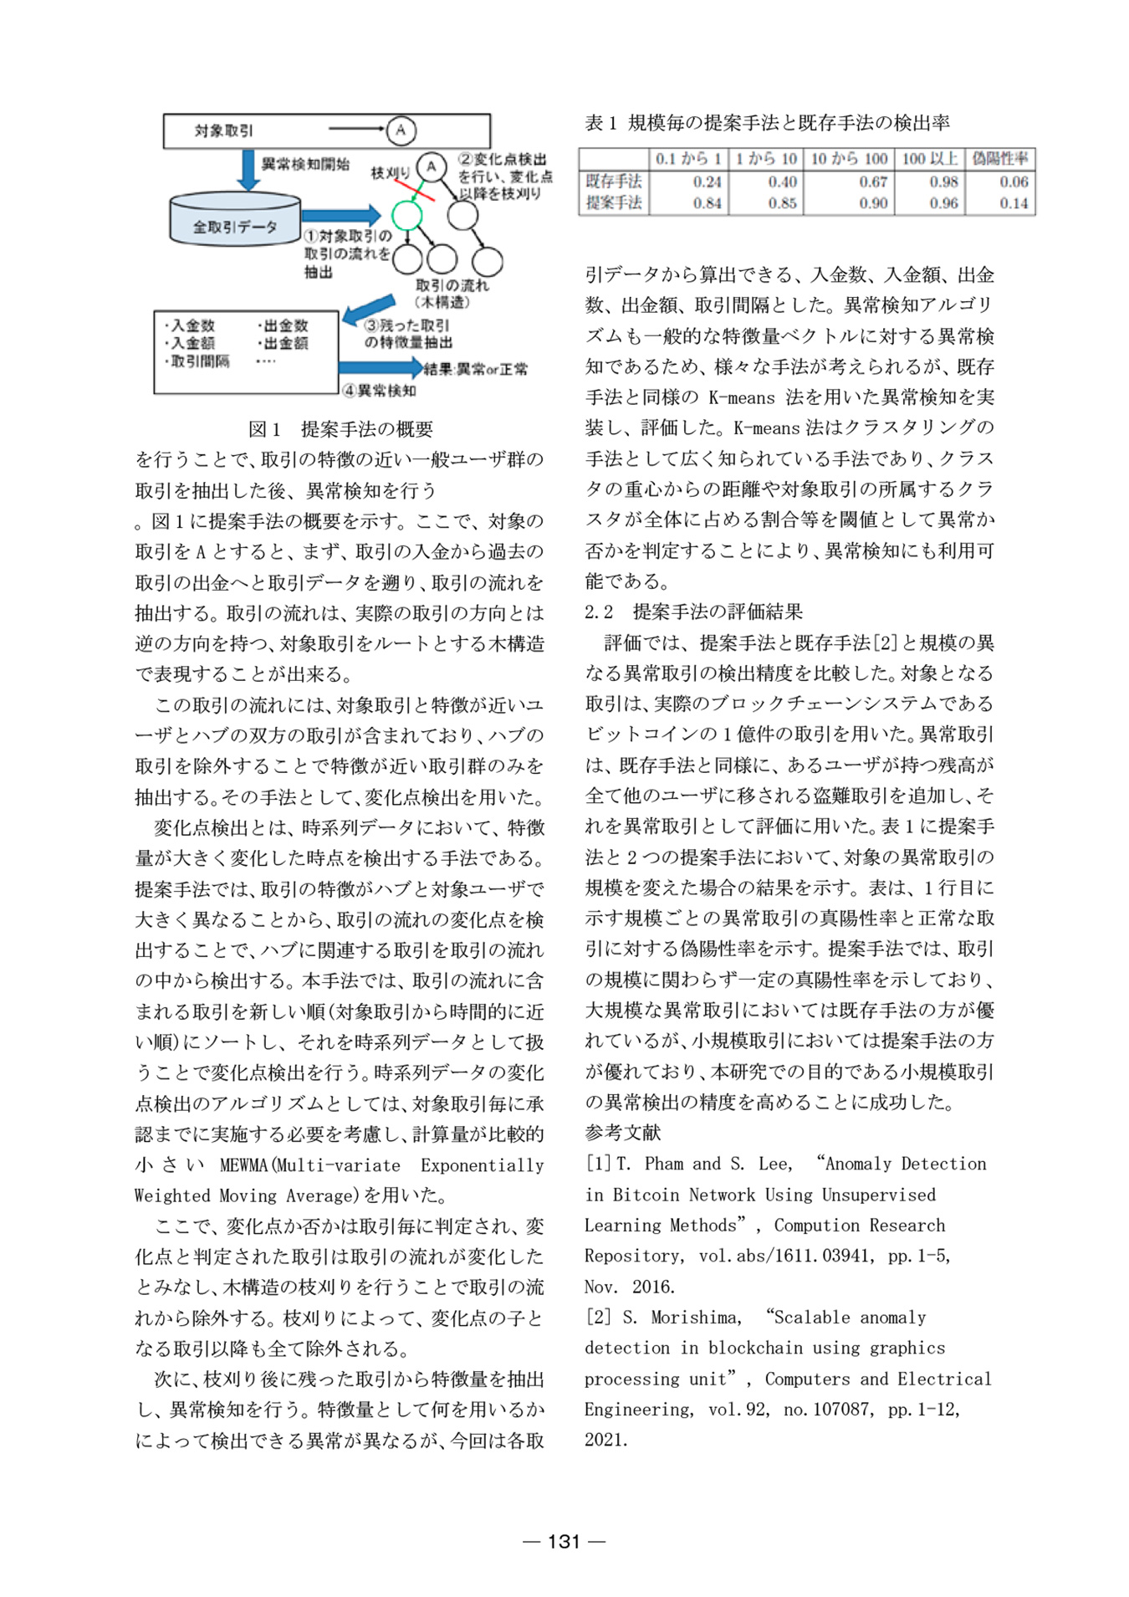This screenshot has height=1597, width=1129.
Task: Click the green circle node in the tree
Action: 406,215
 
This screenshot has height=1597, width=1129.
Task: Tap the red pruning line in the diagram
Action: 414,188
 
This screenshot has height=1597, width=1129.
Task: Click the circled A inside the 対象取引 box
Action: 401,130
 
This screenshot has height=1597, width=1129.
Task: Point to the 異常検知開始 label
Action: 305,164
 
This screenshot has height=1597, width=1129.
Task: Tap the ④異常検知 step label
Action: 379,390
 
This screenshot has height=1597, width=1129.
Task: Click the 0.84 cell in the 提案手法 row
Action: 707,202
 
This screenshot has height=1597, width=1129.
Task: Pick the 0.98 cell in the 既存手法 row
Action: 943,182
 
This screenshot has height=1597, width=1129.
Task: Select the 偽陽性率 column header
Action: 999,158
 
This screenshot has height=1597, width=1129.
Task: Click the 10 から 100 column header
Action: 849,158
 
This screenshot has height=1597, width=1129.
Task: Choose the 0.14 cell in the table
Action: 1014,202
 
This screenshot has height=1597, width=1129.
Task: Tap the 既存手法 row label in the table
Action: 613,181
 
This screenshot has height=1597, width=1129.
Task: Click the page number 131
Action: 564,1541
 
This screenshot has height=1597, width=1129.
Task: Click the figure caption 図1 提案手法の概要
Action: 340,429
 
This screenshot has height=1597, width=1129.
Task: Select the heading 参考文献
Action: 622,1133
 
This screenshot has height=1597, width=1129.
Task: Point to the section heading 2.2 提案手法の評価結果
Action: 693,612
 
